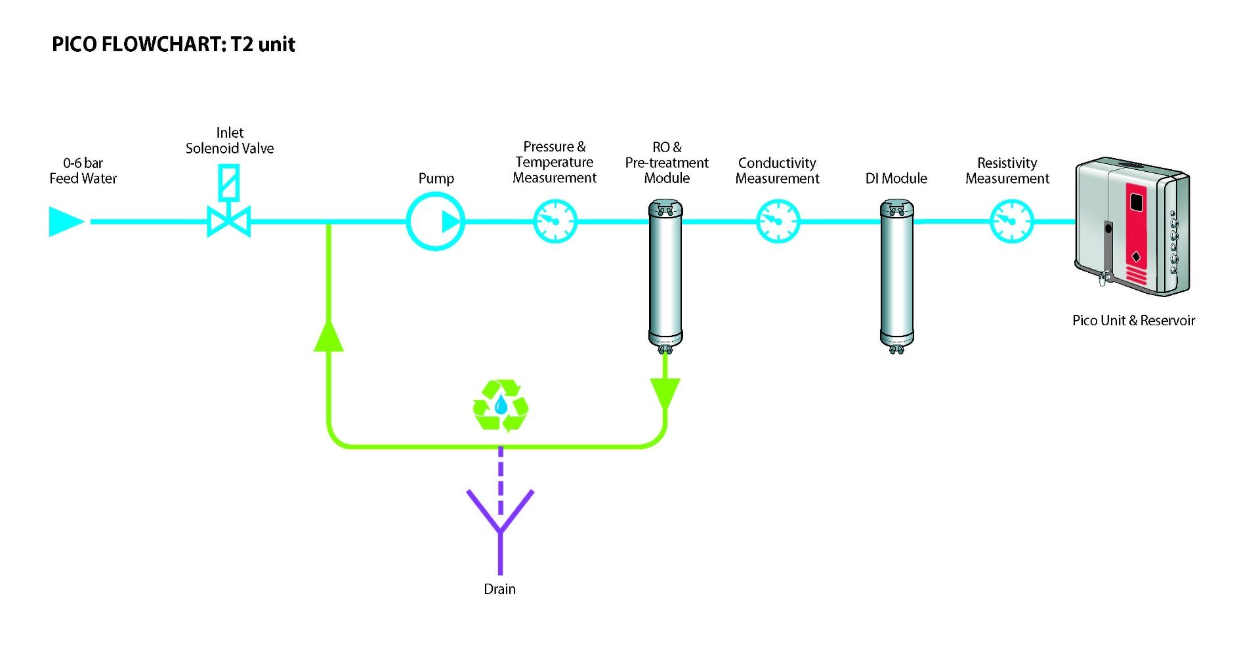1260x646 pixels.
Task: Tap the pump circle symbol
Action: [x=435, y=222]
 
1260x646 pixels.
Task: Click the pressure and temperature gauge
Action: [x=555, y=222]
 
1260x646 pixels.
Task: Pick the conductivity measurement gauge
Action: [x=778, y=222]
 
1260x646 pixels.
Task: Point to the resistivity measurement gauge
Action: [x=1011, y=222]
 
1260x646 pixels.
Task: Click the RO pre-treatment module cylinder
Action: [x=665, y=275]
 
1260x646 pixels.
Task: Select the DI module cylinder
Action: [x=896, y=275]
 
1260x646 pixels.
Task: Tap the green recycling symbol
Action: [x=501, y=405]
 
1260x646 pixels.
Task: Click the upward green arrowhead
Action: [x=329, y=336]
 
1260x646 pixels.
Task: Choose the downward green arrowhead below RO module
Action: [x=665, y=392]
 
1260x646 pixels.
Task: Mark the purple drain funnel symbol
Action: [x=500, y=518]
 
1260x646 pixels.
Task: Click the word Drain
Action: [x=499, y=589]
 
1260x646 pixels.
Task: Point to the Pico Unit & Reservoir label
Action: [x=1133, y=320]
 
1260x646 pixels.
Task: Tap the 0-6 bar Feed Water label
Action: [x=83, y=171]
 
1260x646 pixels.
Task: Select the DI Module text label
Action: [x=896, y=178]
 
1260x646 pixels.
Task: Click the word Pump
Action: [x=436, y=178]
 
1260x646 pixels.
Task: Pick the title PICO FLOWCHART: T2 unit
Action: [x=173, y=45]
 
